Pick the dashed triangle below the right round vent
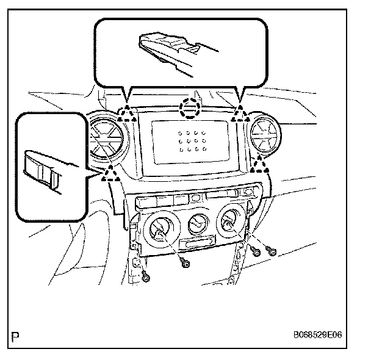(x=261, y=163)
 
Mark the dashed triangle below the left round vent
(x=110, y=175)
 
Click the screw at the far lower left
(x=146, y=278)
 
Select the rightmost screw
(x=272, y=251)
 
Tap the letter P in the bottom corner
(x=15, y=335)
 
